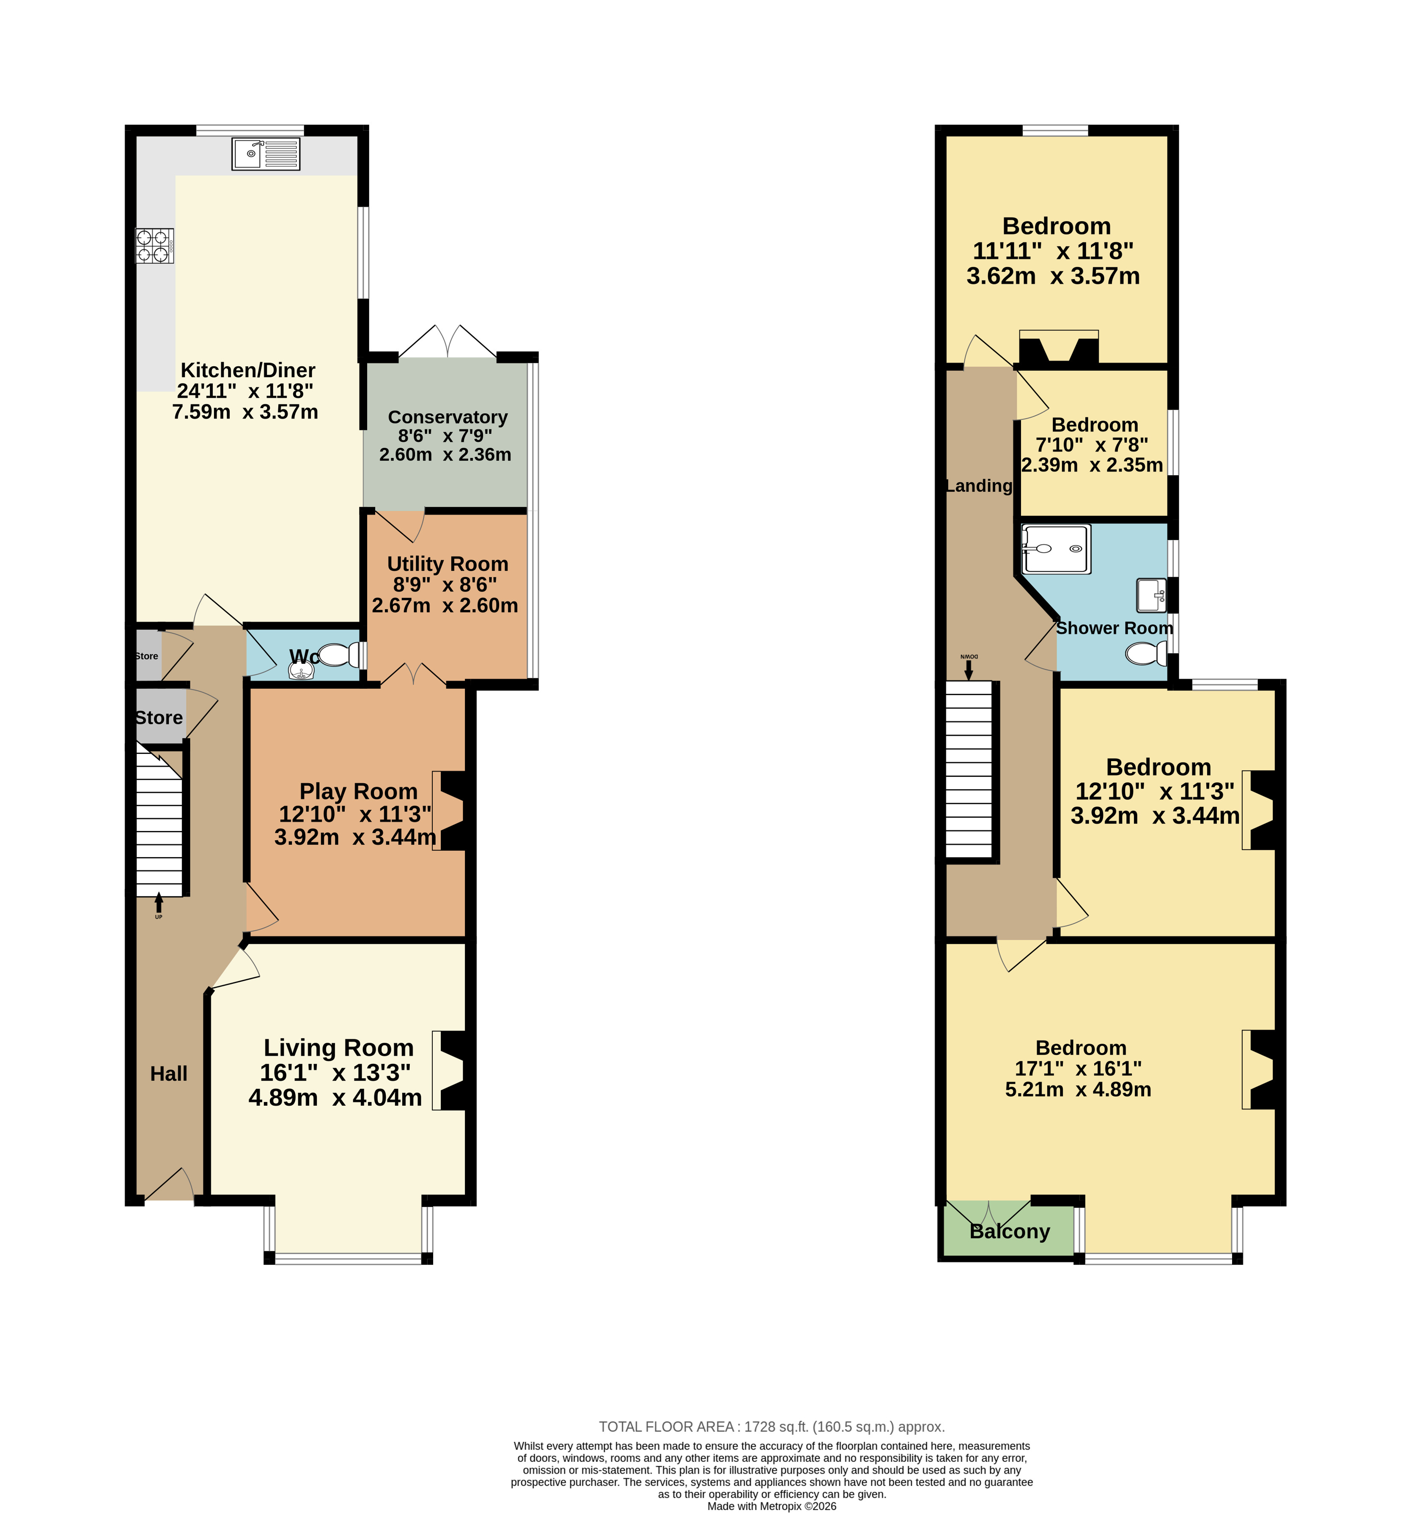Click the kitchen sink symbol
pos(266,154)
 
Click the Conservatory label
pos(447,417)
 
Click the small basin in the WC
pos(302,670)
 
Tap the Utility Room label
pos(447,564)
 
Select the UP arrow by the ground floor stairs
pos(158,903)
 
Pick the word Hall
pos(169,1074)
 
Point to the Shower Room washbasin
pos(1151,595)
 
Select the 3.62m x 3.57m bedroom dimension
pos(1053,276)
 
